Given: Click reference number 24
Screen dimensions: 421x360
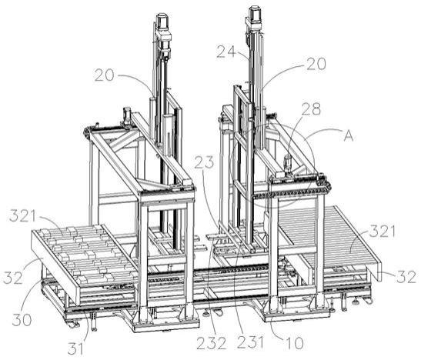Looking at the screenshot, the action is tap(226, 52).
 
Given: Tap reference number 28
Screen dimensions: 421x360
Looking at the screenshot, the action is tap(311, 109).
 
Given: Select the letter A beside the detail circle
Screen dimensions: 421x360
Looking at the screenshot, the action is tap(349, 135).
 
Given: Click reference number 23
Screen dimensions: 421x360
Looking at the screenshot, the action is tap(204, 162).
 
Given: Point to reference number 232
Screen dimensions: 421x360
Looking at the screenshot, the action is tap(212, 343).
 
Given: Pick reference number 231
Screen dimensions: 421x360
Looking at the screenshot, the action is tap(250, 342).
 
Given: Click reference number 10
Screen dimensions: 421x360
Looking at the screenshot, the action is tap(294, 343).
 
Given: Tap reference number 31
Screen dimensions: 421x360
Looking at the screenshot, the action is tap(75, 349).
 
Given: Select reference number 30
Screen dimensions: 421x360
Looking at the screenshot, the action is tap(22, 319).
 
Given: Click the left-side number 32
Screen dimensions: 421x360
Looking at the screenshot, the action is tap(13, 278).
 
